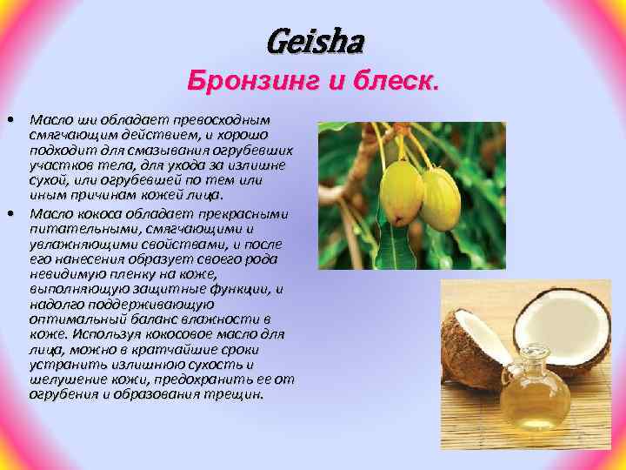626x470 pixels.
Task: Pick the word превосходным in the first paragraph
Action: (222, 118)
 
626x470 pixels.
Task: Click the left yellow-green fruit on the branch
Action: (402, 189)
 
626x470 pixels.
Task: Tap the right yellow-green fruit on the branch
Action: (441, 198)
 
